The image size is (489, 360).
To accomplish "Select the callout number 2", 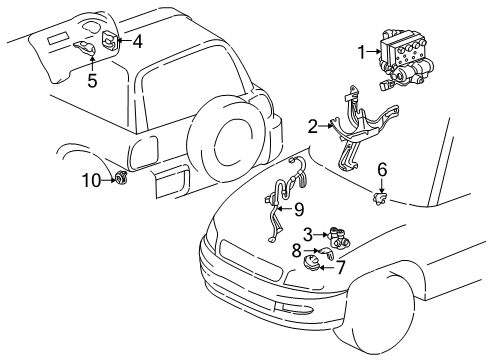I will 313,126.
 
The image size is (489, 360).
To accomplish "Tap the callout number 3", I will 308,233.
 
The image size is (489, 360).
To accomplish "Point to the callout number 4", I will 137,41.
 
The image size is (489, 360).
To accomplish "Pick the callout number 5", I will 92,80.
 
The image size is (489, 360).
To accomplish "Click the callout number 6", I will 382,170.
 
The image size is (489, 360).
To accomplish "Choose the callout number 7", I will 340,267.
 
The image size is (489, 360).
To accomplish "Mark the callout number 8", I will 296,251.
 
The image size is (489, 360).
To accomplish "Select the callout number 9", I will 299,209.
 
